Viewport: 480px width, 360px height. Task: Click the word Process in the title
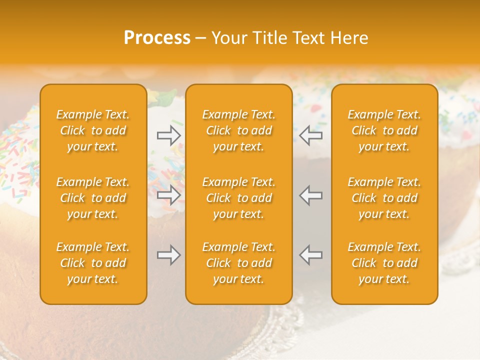pyautogui.click(x=157, y=38)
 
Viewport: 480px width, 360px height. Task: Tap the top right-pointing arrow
pyautogui.click(x=169, y=135)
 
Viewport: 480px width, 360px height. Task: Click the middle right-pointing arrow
pyautogui.click(x=169, y=195)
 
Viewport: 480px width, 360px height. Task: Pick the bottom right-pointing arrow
pyautogui.click(x=169, y=255)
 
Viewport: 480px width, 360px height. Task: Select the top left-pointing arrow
pyautogui.click(x=310, y=135)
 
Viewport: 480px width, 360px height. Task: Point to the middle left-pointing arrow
pyautogui.click(x=310, y=195)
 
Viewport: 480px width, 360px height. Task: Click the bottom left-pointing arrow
pyautogui.click(x=310, y=255)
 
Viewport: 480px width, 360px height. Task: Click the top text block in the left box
pyautogui.click(x=93, y=130)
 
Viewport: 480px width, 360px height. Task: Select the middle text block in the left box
pyautogui.click(x=93, y=198)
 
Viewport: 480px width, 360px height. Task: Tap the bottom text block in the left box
pyautogui.click(x=93, y=263)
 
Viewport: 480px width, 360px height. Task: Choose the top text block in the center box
pyautogui.click(x=239, y=130)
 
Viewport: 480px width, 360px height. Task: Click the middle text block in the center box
pyautogui.click(x=239, y=198)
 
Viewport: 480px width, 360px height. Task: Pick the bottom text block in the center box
pyautogui.click(x=239, y=263)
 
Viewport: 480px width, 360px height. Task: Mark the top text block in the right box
pyautogui.click(x=384, y=130)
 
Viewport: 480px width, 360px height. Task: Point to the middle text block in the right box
pyautogui.click(x=384, y=198)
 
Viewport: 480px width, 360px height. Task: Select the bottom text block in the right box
pyautogui.click(x=384, y=263)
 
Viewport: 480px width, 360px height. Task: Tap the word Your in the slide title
pyautogui.click(x=230, y=38)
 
